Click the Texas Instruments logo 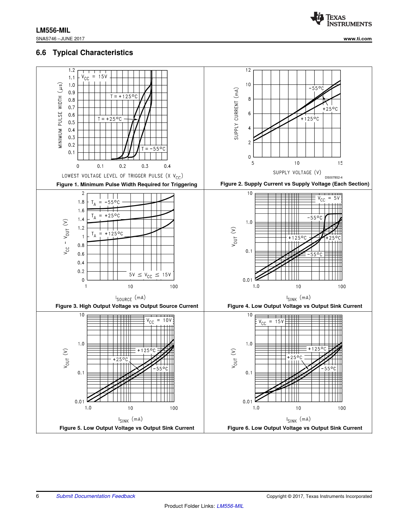coord(341,19)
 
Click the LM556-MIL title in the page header coord(53,30)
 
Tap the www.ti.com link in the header coord(357,39)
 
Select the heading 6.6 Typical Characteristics coord(84,52)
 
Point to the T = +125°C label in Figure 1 coord(124,96)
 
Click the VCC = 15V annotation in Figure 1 coord(94,77)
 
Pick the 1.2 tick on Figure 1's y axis coord(72,70)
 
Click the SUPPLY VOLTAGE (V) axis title coord(297,172)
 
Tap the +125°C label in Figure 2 coord(310,119)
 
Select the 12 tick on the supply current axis coord(248,70)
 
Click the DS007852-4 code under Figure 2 coord(333,177)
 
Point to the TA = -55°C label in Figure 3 coord(106,203)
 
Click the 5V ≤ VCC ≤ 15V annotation coord(150,275)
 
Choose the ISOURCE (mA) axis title coord(131,298)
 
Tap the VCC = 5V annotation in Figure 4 coord(329,198)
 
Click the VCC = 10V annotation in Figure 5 coord(159,321)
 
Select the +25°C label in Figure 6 coord(294,357)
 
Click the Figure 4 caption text coord(295,306)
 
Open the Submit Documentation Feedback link coord(96,496)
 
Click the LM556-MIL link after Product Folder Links coord(230,506)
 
